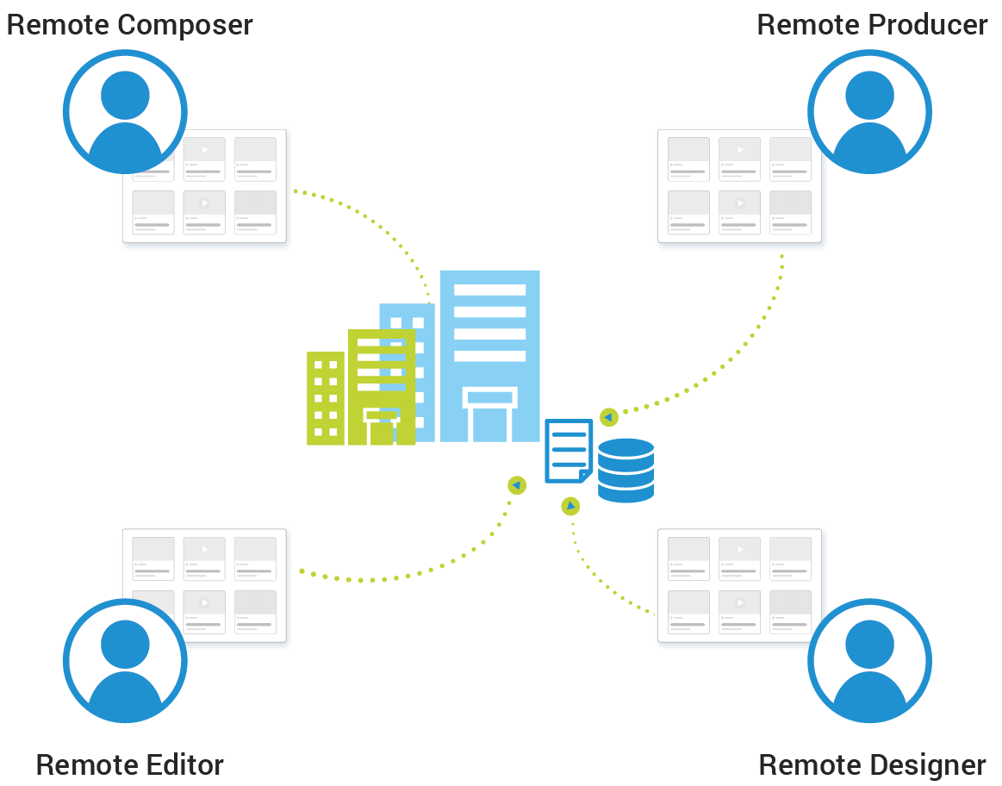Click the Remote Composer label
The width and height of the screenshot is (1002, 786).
coord(129,24)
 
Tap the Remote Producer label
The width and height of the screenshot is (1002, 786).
coord(872,24)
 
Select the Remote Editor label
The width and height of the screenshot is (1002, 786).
coord(129,764)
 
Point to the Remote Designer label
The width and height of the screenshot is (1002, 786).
coord(872,764)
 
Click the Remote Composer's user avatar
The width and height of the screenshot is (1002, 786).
coord(125,112)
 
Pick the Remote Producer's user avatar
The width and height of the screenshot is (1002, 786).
coord(869,112)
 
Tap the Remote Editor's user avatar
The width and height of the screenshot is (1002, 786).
coord(125,661)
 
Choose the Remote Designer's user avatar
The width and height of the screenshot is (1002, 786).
coord(869,661)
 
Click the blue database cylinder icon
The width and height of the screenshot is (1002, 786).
coord(625,470)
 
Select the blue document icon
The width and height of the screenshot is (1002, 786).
coord(569,450)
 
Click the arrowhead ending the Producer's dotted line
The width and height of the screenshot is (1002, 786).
coord(609,417)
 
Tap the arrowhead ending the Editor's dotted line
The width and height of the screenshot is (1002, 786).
coord(516,486)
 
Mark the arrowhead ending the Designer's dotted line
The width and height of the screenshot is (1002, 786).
coord(569,507)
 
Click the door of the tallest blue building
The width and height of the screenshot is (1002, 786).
coord(489,421)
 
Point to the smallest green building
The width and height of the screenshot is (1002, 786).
coord(326,398)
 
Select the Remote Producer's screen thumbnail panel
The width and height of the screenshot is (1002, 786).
coord(741,190)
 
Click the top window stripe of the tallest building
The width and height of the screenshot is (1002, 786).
coord(489,290)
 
